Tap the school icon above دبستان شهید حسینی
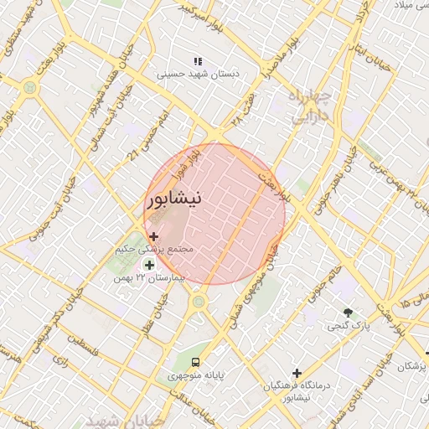[x=198, y=61]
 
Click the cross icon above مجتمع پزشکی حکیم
[x=153, y=237]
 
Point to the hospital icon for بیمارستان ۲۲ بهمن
[x=150, y=265]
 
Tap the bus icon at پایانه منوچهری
[x=195, y=362]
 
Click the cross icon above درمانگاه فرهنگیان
[x=297, y=373]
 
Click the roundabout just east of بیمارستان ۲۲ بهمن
[x=199, y=301]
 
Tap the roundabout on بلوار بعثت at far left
[x=31, y=86]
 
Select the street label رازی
[x=59, y=359]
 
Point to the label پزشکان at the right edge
[x=412, y=366]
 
